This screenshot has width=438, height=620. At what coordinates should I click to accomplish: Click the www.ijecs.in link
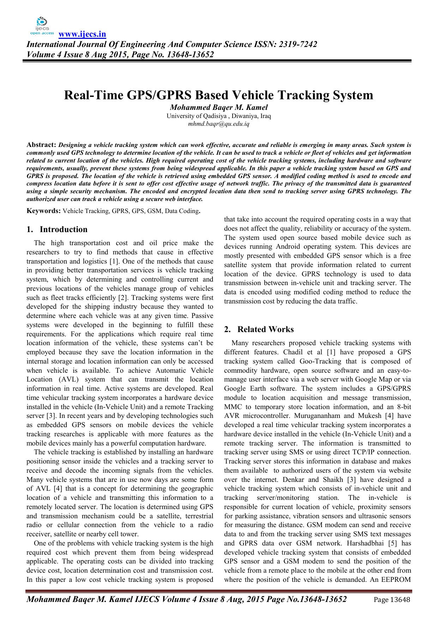point(82,34)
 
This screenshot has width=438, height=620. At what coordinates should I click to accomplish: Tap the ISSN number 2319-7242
point(298,44)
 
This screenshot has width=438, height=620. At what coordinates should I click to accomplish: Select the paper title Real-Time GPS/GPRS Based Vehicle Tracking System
point(218,95)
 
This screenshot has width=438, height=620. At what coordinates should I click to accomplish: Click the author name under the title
point(218,107)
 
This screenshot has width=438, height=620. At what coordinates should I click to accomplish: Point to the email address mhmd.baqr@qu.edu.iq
point(218,124)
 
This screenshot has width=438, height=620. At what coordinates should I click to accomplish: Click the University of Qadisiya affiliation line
point(218,116)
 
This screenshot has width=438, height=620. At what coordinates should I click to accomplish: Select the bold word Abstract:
point(42,145)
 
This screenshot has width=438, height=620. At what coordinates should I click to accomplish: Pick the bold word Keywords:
point(44,211)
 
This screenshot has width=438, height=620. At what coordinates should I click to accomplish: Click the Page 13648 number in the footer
point(392,600)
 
